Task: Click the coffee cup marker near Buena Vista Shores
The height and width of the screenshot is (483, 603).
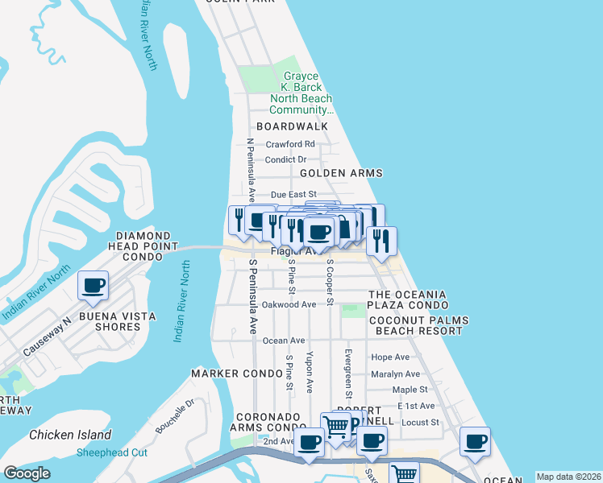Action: coord(94,285)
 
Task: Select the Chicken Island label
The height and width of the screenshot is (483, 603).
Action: coord(70,435)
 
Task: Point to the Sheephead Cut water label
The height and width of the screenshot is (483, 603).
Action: coord(113,452)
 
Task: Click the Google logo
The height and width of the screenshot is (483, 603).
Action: coord(27,473)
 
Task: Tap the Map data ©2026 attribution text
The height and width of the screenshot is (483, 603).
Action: coord(568,477)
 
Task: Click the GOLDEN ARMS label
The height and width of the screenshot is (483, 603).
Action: coord(341,173)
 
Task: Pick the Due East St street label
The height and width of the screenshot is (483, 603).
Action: coord(293,195)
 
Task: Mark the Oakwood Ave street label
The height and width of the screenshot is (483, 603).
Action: coord(289,304)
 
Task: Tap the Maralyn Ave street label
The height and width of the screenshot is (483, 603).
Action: coord(395,374)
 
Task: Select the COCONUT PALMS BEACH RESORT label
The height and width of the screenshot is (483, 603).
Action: coord(419,326)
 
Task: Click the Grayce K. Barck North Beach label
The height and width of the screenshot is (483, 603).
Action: coord(301,93)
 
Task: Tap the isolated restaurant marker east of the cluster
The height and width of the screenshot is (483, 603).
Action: coord(381,240)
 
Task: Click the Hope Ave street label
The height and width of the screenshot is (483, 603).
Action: coord(390,357)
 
